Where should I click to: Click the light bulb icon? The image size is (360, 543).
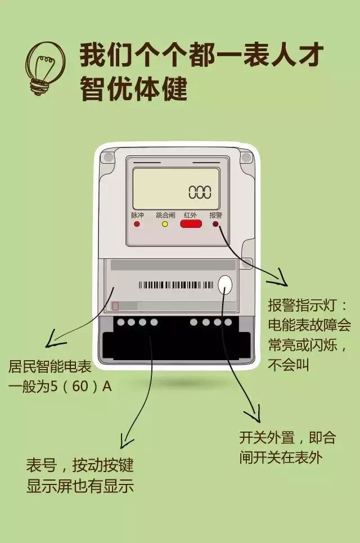[45, 68]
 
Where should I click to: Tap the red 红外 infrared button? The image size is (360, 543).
[191, 224]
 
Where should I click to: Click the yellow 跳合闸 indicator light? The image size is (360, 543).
[165, 224]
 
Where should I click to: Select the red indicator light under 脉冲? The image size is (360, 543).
[137, 224]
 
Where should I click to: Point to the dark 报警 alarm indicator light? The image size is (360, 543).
[215, 224]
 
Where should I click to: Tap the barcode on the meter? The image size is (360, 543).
[176, 285]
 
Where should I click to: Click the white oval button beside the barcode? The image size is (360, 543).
[225, 285]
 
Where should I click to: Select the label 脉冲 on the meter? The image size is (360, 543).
[137, 215]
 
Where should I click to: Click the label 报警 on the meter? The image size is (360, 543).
[215, 215]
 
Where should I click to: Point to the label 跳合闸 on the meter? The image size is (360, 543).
[165, 215]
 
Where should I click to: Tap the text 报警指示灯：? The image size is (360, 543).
[309, 306]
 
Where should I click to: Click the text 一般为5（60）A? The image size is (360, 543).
[60, 387]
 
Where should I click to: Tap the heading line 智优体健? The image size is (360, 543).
[133, 89]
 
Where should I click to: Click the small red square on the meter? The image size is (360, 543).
[115, 306]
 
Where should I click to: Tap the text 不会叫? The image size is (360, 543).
[289, 365]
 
